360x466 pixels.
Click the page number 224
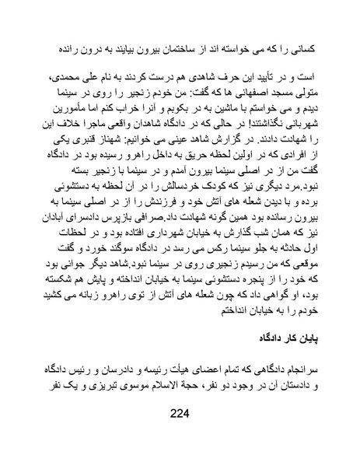[x=180, y=436]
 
